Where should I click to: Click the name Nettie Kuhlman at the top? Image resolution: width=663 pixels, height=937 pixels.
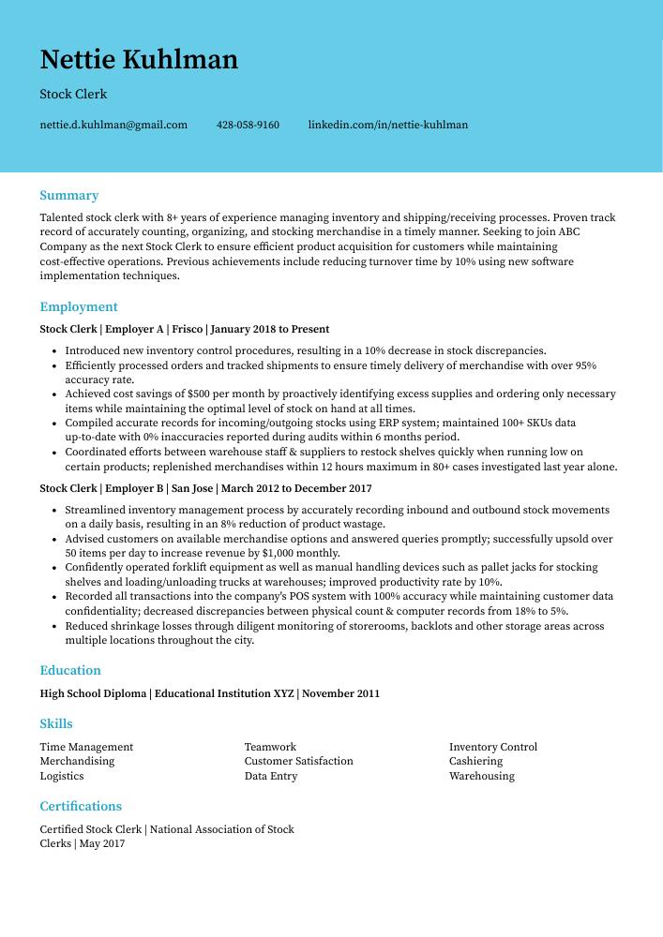(139, 60)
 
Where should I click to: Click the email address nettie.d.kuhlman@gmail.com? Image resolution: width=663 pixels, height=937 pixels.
(113, 125)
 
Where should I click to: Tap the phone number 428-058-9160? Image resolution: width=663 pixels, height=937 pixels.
(248, 125)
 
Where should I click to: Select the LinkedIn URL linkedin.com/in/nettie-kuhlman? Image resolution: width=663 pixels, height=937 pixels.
(387, 125)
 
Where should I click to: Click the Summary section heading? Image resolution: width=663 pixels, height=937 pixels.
(68, 196)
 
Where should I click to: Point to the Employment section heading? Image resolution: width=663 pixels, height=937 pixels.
(79, 307)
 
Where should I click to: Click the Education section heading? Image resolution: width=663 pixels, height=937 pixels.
(70, 671)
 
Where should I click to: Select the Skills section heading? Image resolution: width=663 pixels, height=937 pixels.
(56, 724)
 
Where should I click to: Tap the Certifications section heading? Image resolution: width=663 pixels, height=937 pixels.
(81, 807)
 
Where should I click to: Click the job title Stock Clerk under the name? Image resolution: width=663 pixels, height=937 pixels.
(73, 95)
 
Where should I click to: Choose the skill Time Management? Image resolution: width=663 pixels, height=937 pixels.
(86, 748)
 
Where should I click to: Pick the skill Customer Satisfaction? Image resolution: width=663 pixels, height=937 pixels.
(298, 762)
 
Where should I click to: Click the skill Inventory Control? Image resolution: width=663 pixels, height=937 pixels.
(492, 748)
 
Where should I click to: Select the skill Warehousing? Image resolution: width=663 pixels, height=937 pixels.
(481, 777)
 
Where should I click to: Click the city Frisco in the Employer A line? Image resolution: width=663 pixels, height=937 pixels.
(187, 330)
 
